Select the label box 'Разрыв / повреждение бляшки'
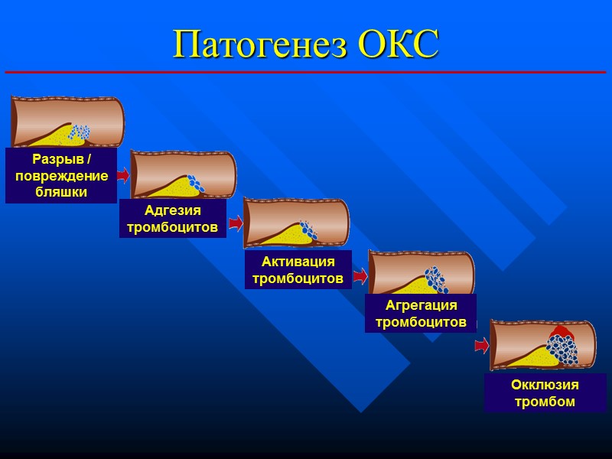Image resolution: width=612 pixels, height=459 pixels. (x=61, y=175)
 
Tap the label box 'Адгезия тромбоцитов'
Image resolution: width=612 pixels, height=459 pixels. (x=172, y=219)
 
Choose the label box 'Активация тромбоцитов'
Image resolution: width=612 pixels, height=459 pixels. (x=298, y=270)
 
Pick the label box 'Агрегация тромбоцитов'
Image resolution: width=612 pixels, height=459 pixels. (x=421, y=314)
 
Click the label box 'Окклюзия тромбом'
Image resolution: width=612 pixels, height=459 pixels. (x=545, y=392)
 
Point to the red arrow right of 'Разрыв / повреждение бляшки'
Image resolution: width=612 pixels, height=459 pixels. (x=123, y=175)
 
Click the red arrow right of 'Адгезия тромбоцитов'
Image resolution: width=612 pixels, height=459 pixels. (x=235, y=223)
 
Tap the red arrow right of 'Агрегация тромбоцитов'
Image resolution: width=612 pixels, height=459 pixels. (x=482, y=345)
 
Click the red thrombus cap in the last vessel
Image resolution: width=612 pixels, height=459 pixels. (x=562, y=332)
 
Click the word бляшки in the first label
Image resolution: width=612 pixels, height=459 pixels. (x=61, y=192)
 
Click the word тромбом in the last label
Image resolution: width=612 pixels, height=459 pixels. (x=545, y=401)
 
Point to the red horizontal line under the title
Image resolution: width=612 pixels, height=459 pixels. (x=306, y=72)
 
